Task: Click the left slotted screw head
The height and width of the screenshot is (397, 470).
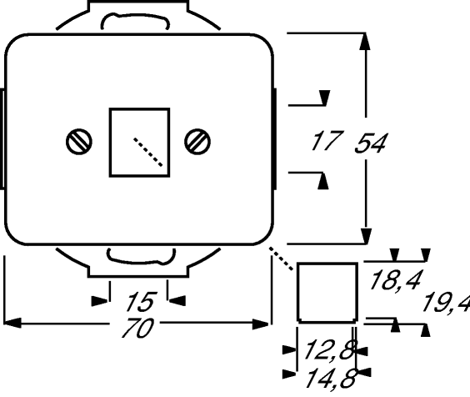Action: (79, 142)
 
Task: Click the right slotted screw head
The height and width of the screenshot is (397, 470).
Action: (197, 142)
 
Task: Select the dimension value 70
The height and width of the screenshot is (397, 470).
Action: (138, 328)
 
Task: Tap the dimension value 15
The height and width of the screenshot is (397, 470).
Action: (142, 301)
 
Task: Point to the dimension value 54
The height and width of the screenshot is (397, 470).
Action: (371, 143)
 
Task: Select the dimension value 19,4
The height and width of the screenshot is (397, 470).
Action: (446, 304)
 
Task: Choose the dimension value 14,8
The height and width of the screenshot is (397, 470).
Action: (331, 379)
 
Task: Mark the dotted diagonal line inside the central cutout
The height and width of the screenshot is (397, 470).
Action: (148, 152)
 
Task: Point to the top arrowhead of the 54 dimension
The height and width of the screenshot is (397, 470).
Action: (365, 42)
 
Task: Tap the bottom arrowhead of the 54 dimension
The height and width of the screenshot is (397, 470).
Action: (366, 236)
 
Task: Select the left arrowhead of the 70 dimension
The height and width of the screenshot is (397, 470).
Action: (12, 324)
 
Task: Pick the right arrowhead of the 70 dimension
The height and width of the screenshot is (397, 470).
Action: (261, 324)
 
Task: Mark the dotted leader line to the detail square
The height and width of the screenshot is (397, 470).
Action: (281, 259)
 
